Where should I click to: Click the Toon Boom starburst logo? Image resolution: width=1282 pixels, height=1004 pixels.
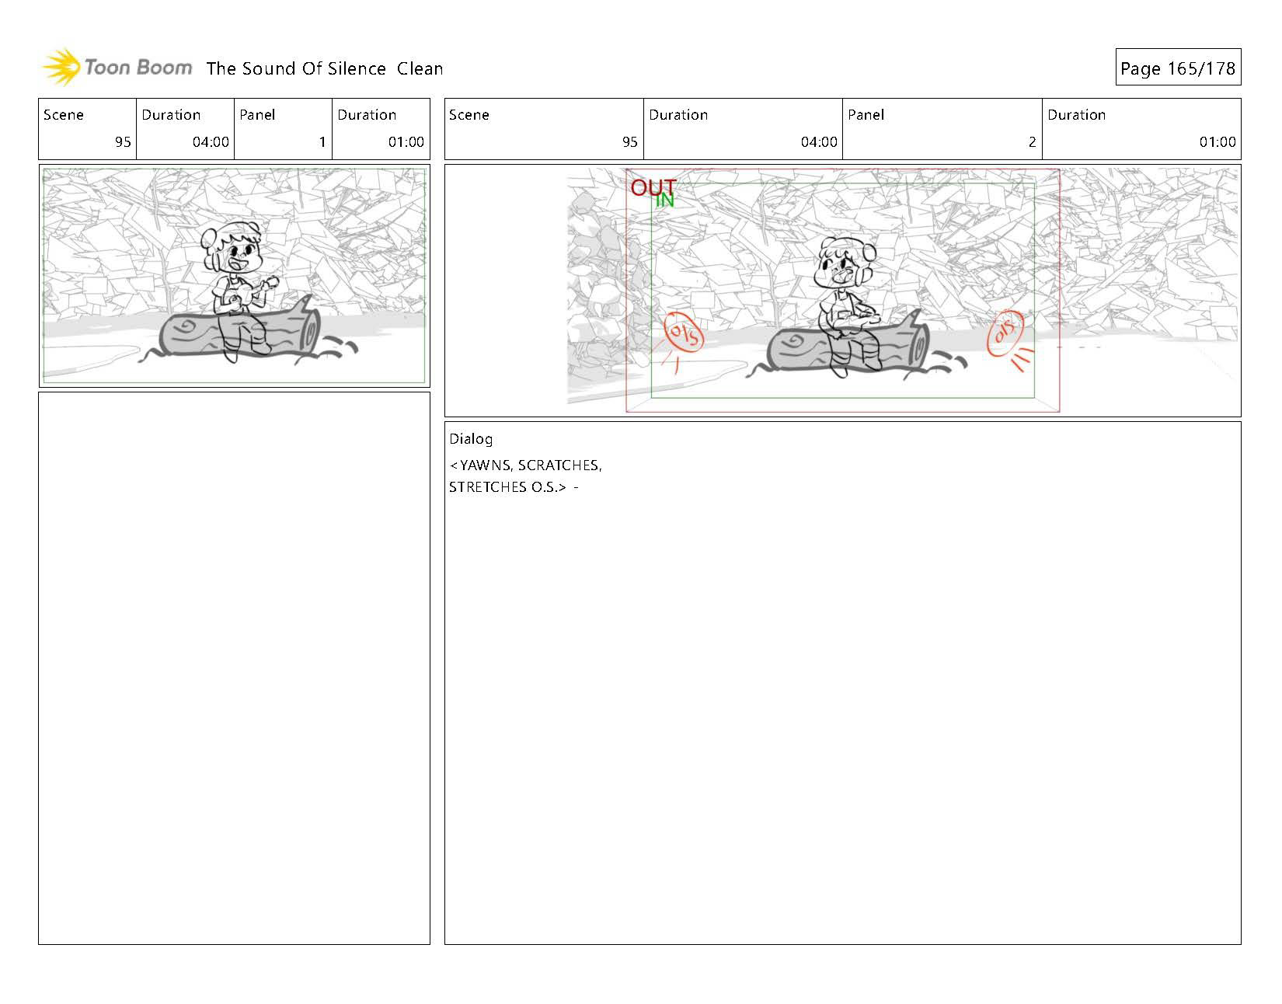click(61, 67)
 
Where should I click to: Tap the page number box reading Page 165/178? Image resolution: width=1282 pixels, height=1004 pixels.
click(1177, 68)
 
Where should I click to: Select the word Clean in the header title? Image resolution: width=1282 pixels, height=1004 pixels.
click(420, 68)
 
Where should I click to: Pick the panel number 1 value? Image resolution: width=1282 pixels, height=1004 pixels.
click(322, 141)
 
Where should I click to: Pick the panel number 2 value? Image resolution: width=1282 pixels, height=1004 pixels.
click(1032, 141)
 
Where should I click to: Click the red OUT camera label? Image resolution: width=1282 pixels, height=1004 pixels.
click(653, 187)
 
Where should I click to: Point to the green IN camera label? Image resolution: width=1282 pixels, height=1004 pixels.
click(665, 200)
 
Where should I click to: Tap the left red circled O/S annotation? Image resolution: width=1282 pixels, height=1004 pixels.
click(684, 334)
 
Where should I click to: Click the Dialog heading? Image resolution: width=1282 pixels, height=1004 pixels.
click(470, 439)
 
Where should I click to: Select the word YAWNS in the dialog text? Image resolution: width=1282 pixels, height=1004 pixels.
click(484, 465)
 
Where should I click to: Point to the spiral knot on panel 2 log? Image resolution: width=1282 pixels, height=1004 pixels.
click(796, 341)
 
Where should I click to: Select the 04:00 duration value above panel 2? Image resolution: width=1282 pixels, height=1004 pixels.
click(818, 141)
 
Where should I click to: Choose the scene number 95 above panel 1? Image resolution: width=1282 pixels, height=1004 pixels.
click(123, 141)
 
